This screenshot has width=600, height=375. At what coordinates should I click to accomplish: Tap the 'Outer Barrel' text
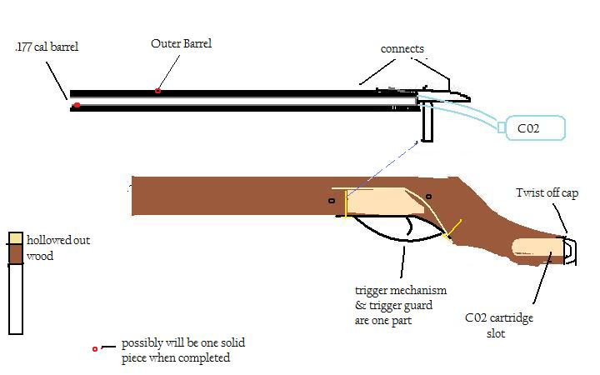pos(181,42)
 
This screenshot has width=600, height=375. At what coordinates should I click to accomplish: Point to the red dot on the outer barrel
pos(157,90)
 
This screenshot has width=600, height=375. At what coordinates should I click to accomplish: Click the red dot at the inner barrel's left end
pos(77,104)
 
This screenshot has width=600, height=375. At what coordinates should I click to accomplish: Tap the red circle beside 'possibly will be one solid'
pos(95,348)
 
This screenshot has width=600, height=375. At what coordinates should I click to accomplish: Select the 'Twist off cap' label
pos(546,193)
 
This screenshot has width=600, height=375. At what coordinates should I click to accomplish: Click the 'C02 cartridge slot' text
pos(500,325)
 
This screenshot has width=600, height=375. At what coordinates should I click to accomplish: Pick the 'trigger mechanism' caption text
pos(401,290)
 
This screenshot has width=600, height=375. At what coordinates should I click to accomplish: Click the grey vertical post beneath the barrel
pos(428,125)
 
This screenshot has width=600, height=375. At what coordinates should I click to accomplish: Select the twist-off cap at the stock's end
pos(567,249)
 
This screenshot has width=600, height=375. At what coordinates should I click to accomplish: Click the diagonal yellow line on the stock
pos(452,231)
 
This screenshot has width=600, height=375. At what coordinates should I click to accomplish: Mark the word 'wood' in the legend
pos(40,256)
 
